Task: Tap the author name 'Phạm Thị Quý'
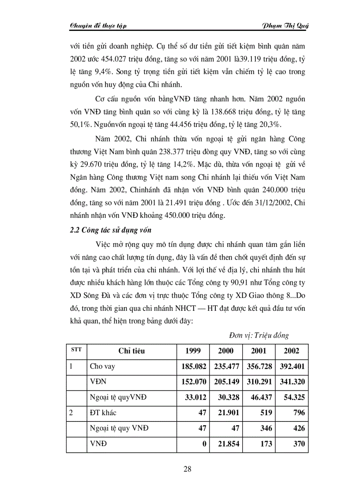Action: [x=286, y=26]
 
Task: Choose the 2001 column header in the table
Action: [x=259, y=351]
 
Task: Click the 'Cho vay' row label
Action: [x=102, y=366]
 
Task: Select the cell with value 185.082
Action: [x=194, y=366]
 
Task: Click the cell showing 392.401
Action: [x=292, y=366]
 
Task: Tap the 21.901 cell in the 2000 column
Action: [x=229, y=413]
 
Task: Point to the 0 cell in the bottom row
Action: [x=204, y=444]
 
